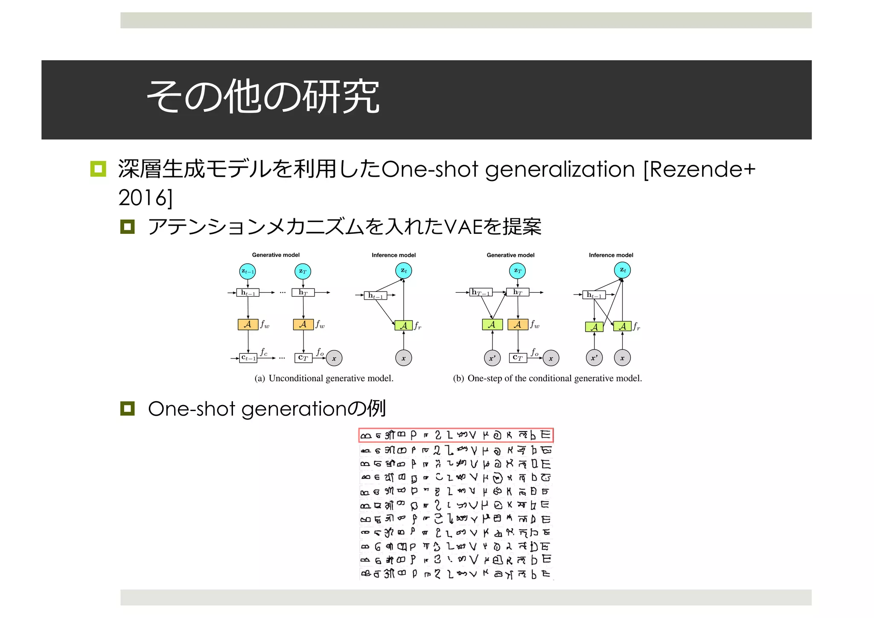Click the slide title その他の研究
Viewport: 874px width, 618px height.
(x=262, y=97)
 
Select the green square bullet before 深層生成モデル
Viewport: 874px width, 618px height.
(x=98, y=169)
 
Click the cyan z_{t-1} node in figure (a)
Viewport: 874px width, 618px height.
(x=248, y=271)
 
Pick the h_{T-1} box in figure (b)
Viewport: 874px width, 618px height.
(x=481, y=292)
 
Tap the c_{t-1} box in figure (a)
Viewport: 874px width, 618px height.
(x=248, y=358)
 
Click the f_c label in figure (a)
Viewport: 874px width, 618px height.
(x=264, y=352)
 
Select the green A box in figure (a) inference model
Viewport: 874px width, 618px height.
(x=403, y=326)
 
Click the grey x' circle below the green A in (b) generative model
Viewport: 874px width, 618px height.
(x=492, y=358)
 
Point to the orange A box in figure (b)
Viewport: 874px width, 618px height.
(x=518, y=325)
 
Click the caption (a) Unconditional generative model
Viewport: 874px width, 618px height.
(x=324, y=379)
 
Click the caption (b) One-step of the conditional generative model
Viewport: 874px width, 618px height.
(x=547, y=379)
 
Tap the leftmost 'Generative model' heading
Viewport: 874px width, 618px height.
(x=276, y=255)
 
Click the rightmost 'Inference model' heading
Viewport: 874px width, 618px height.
(x=611, y=255)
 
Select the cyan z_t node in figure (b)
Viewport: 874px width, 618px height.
(x=623, y=270)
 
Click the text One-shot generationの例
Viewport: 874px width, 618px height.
(x=267, y=409)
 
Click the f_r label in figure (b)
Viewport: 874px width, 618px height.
(x=636, y=326)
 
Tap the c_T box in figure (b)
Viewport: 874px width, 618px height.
(x=518, y=358)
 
